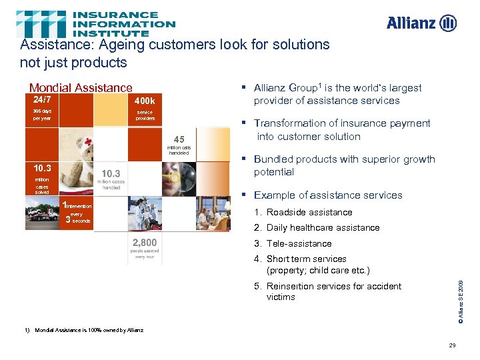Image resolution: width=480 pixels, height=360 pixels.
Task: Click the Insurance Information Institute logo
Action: coord(96,23)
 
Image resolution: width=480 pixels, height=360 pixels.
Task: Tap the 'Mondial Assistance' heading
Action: coord(81,88)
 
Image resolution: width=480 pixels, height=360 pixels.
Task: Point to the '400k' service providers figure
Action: coord(145,102)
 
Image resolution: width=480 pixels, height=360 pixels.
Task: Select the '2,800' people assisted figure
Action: coord(145,242)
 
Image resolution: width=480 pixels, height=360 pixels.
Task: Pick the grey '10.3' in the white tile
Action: coord(111,173)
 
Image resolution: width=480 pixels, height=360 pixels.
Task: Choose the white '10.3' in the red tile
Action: coord(42,168)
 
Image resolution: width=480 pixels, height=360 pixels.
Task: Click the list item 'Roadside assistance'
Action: coord(309,212)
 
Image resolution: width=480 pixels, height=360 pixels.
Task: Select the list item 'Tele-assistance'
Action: coord(298,243)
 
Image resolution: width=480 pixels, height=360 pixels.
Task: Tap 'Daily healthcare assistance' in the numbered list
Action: coord(323,227)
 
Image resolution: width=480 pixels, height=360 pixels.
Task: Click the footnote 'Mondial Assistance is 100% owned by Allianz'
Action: coord(88,330)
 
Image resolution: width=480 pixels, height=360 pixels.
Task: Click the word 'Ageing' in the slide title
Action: coord(123,45)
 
